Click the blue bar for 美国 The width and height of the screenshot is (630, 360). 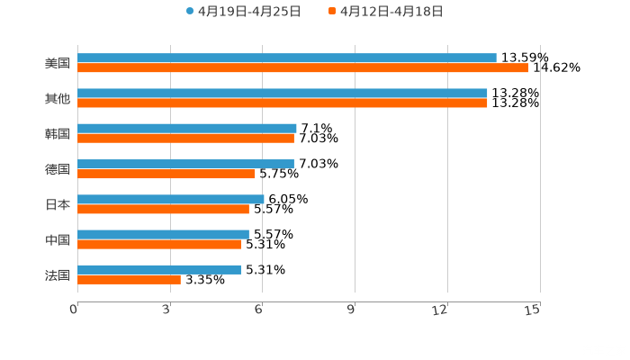point(286,58)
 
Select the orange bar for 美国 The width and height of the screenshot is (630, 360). point(302,67)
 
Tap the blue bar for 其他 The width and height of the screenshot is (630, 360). point(282,93)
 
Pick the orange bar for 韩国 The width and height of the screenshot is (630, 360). point(185,138)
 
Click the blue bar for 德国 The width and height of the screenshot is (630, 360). point(185,164)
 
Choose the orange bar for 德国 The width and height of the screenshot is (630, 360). point(166,174)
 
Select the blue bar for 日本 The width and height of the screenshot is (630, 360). point(170,199)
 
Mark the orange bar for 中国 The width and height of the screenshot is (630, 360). point(159,244)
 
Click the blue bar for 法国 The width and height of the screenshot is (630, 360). point(159,269)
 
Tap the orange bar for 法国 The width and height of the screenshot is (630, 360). point(129,279)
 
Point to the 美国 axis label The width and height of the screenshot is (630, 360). point(58,63)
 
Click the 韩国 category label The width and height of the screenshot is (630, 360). point(58,133)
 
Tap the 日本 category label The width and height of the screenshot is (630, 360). point(58,204)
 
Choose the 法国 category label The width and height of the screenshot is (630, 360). point(58,274)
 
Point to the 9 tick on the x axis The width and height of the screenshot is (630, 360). point(351,310)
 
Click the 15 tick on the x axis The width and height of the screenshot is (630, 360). point(533,310)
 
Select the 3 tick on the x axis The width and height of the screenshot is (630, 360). point(166,310)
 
